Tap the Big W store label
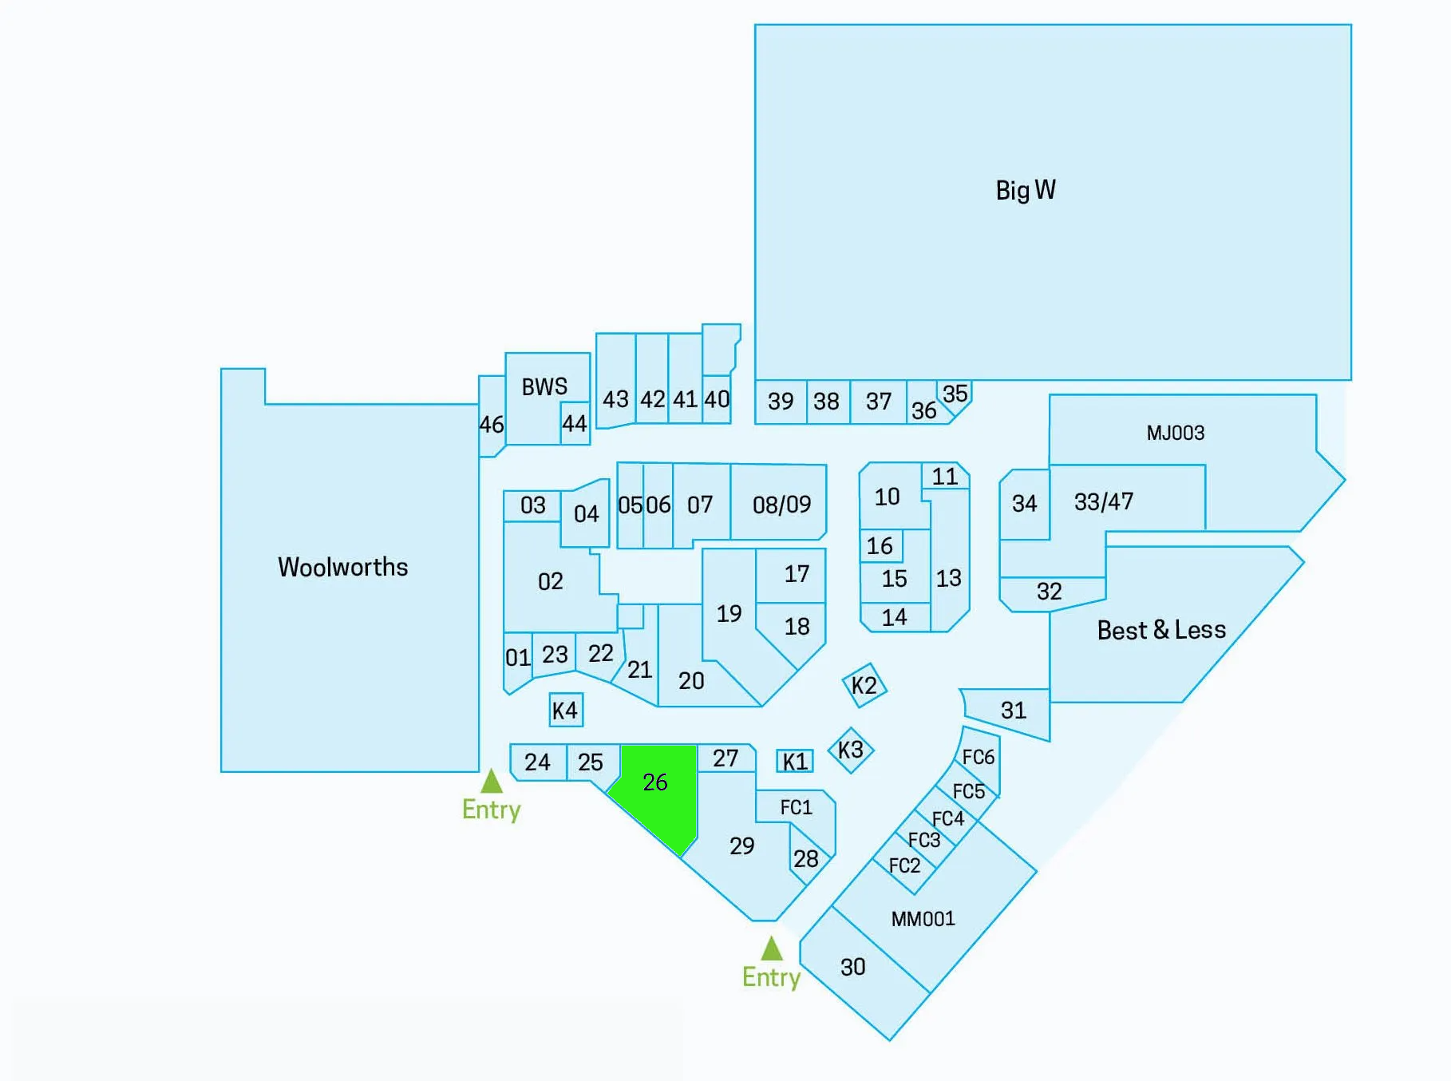[x=1026, y=190]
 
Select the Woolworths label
[x=342, y=567]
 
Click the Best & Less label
[x=1161, y=630]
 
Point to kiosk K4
[x=565, y=710]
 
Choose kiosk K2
[x=864, y=685]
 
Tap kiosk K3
[x=851, y=750]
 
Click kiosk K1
[x=795, y=762]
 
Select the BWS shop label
[x=544, y=387]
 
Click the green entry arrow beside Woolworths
[x=492, y=781]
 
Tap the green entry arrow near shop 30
[x=771, y=948]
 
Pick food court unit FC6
[x=979, y=757]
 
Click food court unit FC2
[x=904, y=865]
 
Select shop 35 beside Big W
[x=955, y=394]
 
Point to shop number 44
[x=575, y=423]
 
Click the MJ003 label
[x=1176, y=433]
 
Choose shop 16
[x=880, y=546]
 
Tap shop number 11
[x=945, y=477]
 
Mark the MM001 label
[x=923, y=919]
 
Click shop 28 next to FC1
[x=806, y=858]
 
